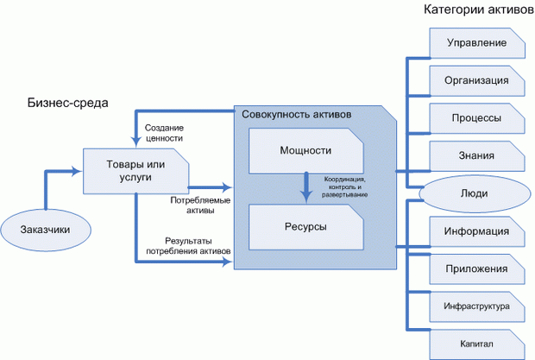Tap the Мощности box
[x=305, y=149]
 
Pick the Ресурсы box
[x=305, y=225]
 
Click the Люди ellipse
[x=474, y=193]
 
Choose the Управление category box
[x=476, y=42]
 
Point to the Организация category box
[x=476, y=80]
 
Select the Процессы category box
[x=476, y=118]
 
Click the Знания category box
[x=476, y=155]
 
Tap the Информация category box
[x=476, y=231]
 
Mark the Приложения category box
[x=476, y=268]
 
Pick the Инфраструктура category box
[x=476, y=306]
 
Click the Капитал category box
[x=476, y=344]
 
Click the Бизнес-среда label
[x=67, y=104]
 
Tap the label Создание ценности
[x=164, y=132]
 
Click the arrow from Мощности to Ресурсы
[x=305, y=187]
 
